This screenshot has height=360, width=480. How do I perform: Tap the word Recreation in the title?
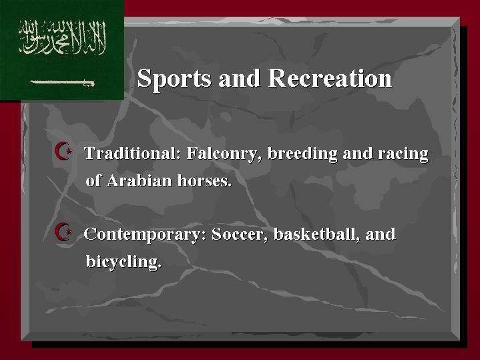[330, 78]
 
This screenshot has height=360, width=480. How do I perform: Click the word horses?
[204, 180]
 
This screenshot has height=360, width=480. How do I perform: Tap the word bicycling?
[124, 262]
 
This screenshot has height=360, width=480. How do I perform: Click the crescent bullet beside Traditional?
[63, 151]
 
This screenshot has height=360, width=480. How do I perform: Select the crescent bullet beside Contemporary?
[63, 231]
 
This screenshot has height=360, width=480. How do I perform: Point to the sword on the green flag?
[62, 83]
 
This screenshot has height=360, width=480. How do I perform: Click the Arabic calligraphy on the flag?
[63, 37]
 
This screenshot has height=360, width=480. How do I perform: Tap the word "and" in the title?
[240, 78]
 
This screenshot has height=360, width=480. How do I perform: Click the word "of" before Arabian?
[93, 180]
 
